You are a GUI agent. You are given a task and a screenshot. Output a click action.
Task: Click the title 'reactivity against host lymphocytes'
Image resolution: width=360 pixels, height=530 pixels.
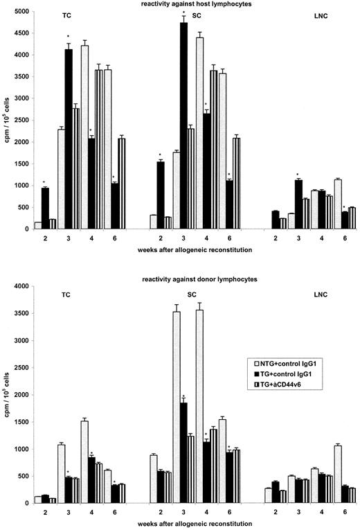point(185,5)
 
